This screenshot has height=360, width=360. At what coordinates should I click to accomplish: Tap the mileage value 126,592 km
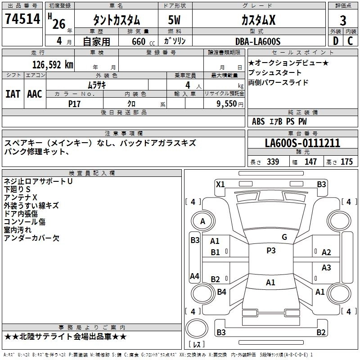(53, 64)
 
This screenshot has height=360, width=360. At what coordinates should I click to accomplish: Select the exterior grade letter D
(335, 41)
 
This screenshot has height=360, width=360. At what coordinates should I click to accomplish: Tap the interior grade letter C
(350, 41)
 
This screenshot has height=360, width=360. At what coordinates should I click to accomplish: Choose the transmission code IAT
(13, 94)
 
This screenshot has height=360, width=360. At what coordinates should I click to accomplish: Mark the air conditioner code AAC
(35, 94)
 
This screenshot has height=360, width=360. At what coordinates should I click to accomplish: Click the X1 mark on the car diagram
(220, 184)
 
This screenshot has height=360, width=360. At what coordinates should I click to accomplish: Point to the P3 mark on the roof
(270, 251)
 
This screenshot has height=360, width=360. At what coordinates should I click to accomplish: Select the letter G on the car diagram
(284, 237)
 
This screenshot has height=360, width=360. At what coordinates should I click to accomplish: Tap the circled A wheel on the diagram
(202, 221)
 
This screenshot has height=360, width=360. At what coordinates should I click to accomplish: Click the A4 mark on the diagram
(194, 276)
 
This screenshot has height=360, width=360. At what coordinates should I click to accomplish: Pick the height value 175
(346, 162)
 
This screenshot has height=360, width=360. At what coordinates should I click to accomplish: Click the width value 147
(310, 162)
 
